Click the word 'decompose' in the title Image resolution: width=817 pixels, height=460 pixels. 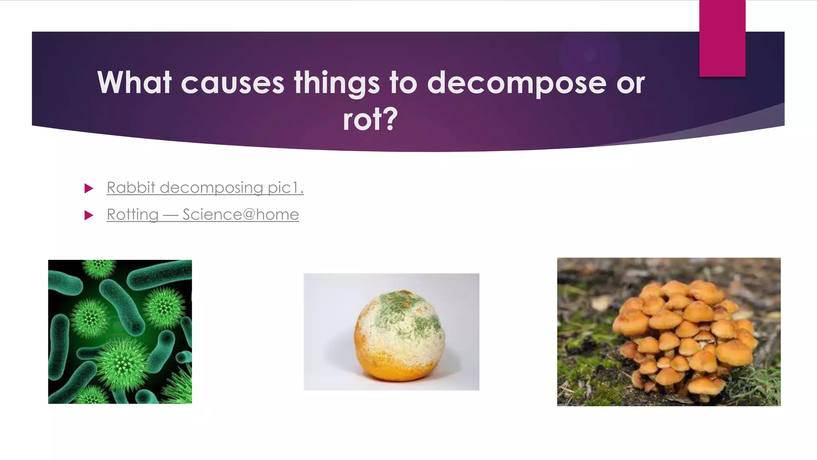tap(517, 83)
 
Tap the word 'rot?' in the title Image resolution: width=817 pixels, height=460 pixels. tap(370, 119)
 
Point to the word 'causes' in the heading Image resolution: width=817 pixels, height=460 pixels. tap(233, 83)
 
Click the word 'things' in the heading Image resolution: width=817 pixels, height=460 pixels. tap(337, 83)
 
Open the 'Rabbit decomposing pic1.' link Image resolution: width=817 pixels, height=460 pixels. tap(205, 188)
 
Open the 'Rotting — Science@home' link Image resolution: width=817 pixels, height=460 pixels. tap(203, 215)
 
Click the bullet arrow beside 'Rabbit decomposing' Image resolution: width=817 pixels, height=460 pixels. tap(89, 188)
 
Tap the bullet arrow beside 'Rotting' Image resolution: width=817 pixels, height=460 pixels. tap(89, 216)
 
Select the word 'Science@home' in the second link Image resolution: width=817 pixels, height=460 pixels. tap(241, 215)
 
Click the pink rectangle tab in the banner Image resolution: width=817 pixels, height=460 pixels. tap(722, 38)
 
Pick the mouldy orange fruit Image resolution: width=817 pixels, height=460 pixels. tap(399, 335)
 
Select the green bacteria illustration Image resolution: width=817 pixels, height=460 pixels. tap(120, 331)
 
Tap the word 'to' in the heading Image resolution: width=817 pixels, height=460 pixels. tap(403, 83)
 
